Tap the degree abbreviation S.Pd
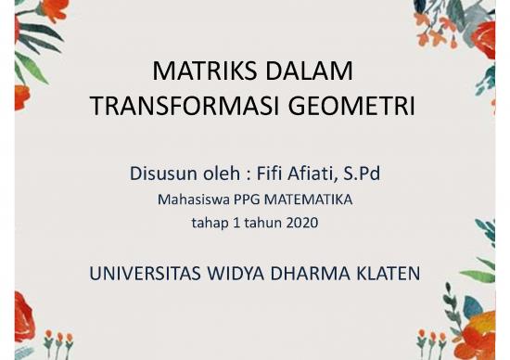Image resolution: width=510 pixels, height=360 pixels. [368, 173]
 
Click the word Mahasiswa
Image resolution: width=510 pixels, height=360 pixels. [189, 199]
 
